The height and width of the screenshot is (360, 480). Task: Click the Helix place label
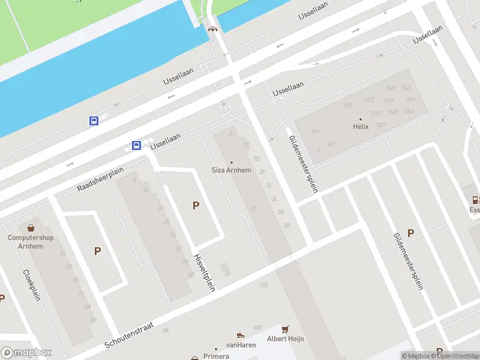[x=360, y=127]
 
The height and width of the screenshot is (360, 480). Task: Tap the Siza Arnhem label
[x=232, y=170]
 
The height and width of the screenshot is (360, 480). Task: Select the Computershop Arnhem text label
[x=31, y=241]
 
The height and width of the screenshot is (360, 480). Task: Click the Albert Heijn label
[x=286, y=338]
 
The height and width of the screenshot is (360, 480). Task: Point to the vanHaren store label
[x=241, y=344]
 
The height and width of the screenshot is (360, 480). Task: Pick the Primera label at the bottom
[x=216, y=356]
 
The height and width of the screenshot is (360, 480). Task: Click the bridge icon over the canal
[x=212, y=28]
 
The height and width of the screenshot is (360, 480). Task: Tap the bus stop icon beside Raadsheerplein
[x=137, y=145]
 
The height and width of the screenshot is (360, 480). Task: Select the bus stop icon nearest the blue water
[x=94, y=121]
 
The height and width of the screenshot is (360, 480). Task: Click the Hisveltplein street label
[x=205, y=272]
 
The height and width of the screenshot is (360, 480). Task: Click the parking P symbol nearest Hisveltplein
[x=196, y=206]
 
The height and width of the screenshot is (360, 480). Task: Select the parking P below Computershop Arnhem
[x=97, y=251]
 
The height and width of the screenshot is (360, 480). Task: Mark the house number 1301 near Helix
[x=380, y=125]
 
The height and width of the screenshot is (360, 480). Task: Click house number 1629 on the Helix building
[x=391, y=88]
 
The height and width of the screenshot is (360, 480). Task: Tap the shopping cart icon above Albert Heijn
[x=286, y=329]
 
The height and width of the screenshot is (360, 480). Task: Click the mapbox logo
[x=26, y=352]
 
